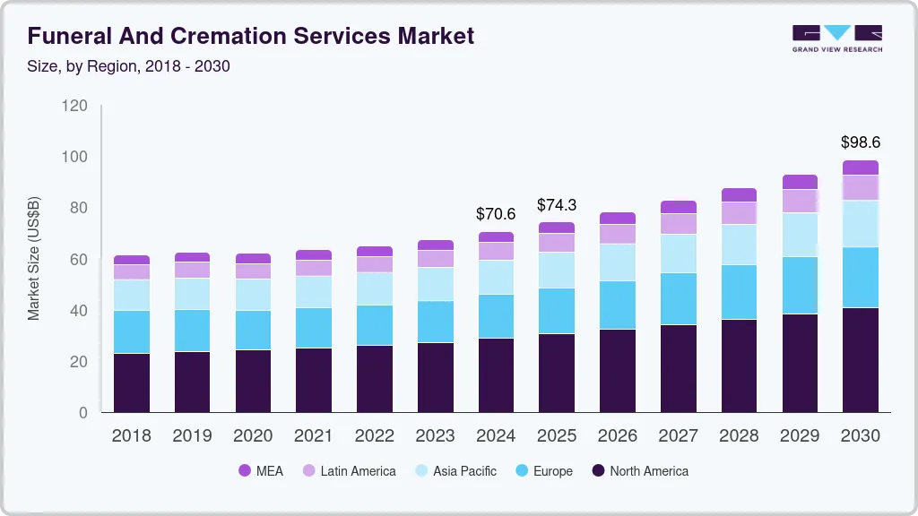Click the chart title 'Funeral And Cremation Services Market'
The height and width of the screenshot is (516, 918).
(x=250, y=36)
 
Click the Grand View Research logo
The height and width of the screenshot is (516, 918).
(x=836, y=38)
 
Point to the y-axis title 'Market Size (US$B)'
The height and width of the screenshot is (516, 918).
(x=34, y=258)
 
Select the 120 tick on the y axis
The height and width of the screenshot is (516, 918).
(x=75, y=106)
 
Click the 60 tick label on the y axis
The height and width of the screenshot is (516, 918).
(x=79, y=260)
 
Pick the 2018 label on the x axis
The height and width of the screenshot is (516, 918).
(x=131, y=436)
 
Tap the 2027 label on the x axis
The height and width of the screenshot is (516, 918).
(x=678, y=436)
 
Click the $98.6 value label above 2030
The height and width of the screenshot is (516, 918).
(x=861, y=142)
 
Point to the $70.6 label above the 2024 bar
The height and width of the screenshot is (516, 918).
(x=496, y=214)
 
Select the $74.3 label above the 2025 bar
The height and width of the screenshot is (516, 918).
(x=557, y=205)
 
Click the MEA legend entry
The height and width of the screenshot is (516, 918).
(x=261, y=471)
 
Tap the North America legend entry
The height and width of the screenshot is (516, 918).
(x=639, y=471)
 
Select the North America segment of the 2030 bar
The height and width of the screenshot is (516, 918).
(x=861, y=360)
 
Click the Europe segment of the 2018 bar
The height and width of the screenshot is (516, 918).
(x=132, y=331)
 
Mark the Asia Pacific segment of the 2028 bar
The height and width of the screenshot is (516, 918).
(x=739, y=245)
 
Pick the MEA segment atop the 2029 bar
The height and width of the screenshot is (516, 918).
(x=800, y=182)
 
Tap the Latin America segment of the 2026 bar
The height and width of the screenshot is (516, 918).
(x=618, y=234)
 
